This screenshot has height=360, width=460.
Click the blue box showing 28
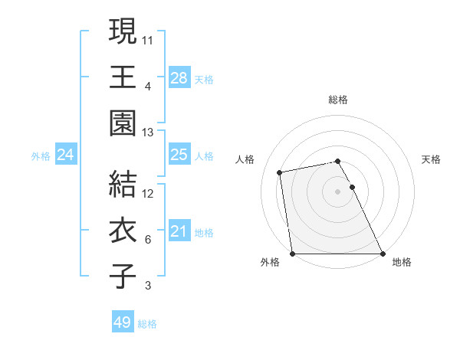tap(179, 77)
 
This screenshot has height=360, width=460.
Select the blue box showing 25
tap(179, 155)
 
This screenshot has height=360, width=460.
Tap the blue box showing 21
tap(179, 231)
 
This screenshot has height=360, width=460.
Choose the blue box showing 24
tap(66, 155)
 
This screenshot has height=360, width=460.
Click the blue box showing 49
tap(123, 322)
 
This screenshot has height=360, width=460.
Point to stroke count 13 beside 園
tap(148, 133)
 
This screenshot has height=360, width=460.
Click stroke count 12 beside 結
tap(148, 193)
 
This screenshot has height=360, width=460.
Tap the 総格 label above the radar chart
tap(338, 100)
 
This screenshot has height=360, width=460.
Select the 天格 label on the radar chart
tap(432, 159)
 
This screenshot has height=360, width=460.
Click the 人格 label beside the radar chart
tap(245, 159)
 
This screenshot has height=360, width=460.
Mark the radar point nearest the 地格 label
tap(383, 254)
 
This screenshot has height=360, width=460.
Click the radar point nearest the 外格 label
tap(293, 254)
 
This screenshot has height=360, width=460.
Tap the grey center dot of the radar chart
tap(338, 191)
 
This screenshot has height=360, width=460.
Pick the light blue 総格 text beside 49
tap(147, 324)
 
